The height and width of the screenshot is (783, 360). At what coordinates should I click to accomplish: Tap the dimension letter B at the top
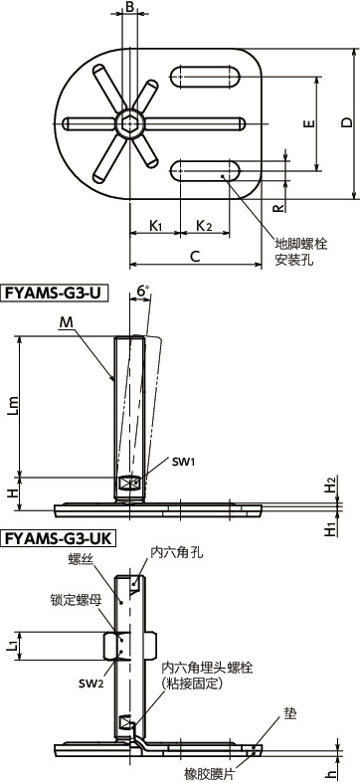128,9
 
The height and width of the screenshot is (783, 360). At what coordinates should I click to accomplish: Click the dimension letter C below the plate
195,257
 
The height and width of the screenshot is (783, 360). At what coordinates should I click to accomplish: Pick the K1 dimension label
155,226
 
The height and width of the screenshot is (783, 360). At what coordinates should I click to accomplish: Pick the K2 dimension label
203,226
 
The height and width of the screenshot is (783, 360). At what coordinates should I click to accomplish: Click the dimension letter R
278,208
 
